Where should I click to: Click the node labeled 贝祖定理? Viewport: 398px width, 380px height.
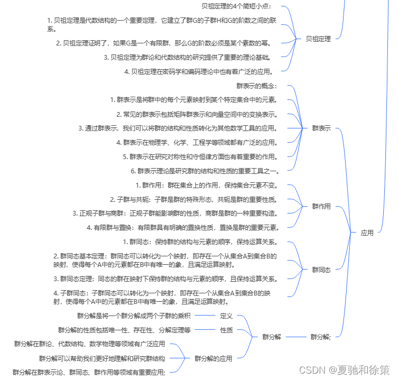point(318,39)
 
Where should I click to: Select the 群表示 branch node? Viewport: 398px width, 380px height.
point(321,128)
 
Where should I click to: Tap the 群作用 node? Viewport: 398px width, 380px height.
point(321,206)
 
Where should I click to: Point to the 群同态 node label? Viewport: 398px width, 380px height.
point(321,269)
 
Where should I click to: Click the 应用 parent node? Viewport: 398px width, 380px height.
point(367,233)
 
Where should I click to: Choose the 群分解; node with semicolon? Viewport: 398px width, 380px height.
point(321,337)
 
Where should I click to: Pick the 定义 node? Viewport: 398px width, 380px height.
point(226,316)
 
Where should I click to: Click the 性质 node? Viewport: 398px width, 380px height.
point(226,330)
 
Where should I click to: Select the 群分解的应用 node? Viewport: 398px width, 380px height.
point(213,358)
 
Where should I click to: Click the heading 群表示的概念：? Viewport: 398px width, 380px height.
point(257,86)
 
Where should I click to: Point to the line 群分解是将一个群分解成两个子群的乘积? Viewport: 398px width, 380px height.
point(133,316)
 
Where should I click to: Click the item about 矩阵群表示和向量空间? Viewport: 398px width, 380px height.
point(197,114)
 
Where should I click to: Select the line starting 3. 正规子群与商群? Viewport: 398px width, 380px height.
point(176,214)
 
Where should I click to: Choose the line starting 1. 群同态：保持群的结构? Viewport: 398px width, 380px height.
point(204,242)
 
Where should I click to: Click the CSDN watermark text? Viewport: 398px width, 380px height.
point(344,368)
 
